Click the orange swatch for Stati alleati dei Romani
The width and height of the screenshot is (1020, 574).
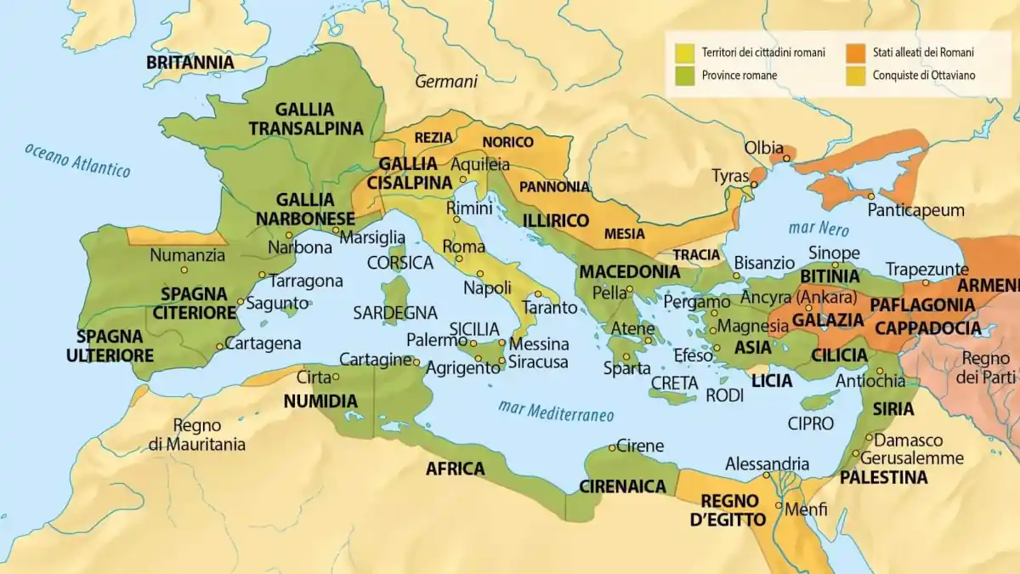(x=855, y=53)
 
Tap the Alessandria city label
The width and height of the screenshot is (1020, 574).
(x=767, y=464)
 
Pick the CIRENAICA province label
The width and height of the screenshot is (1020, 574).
(x=621, y=486)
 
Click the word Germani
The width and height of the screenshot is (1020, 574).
(x=446, y=82)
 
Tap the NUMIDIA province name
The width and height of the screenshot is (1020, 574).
(x=320, y=401)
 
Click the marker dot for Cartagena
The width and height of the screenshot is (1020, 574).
(x=220, y=345)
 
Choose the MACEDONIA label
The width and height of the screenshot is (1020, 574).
(x=629, y=272)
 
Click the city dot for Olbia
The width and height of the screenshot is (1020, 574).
(x=787, y=158)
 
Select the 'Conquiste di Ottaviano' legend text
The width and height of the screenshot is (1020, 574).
(x=923, y=75)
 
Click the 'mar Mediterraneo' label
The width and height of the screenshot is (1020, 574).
(x=557, y=411)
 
